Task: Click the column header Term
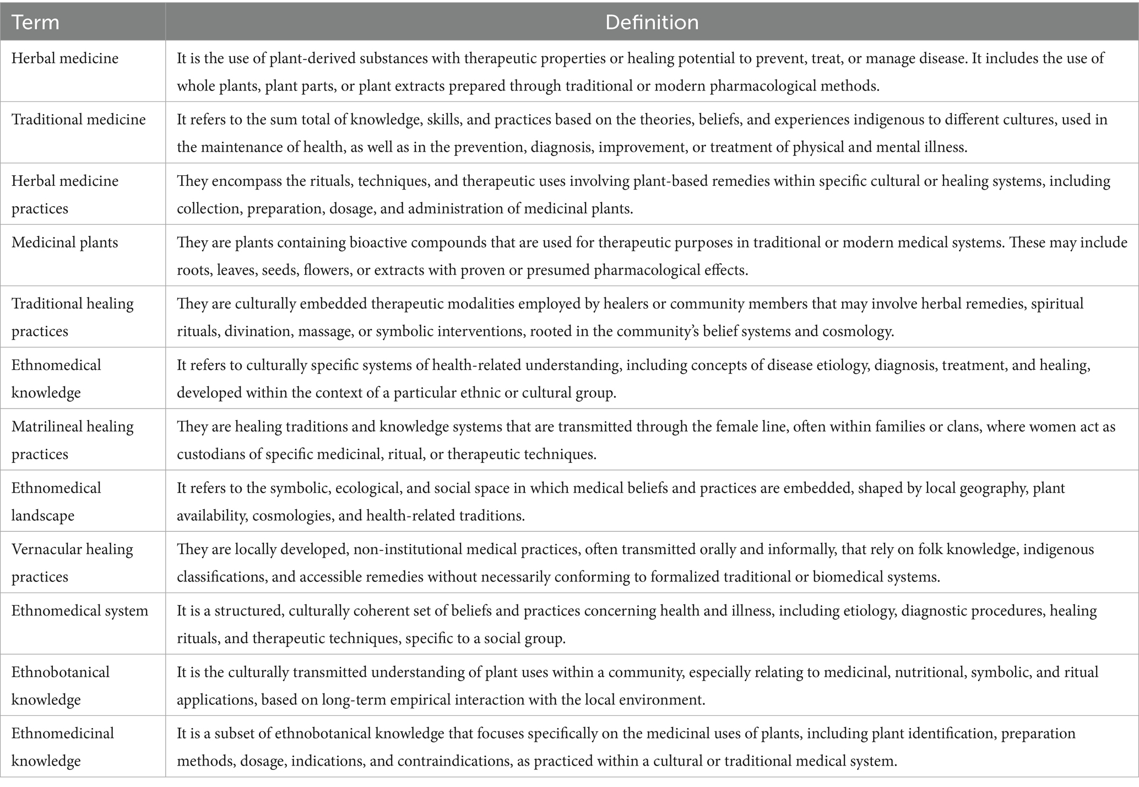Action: [35, 22]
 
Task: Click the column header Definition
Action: [652, 22]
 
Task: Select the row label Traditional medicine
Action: [79, 120]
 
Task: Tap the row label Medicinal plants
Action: [65, 242]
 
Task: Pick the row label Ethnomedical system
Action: [80, 611]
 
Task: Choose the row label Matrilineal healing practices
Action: [72, 440]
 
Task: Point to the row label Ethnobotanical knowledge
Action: [61, 685]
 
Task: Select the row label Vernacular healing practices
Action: [72, 563]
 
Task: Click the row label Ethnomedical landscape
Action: [56, 501]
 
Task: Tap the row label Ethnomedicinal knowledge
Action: [63, 747]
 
